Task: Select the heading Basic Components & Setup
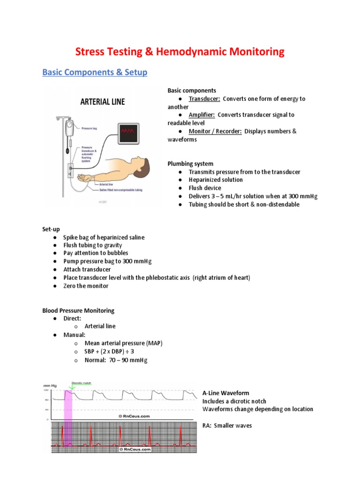[95, 73]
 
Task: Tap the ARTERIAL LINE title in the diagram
[103, 101]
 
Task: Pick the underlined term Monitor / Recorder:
[215, 131]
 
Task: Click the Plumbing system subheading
[190, 164]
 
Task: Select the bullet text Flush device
[205, 188]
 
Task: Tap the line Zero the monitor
[86, 286]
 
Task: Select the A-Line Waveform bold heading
[225, 393]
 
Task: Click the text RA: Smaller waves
[227, 426]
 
